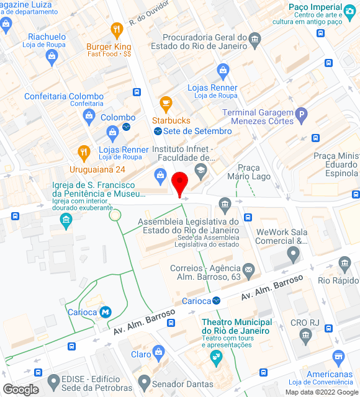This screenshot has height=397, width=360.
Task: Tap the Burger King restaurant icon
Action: (116, 29)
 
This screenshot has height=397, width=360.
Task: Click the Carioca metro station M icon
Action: (106, 311)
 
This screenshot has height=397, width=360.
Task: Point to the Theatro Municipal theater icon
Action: (216, 356)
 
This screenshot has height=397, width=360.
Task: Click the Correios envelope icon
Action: (249, 269)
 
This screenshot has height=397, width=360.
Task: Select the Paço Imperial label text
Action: (315, 7)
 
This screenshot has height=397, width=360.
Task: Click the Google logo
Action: (20, 390)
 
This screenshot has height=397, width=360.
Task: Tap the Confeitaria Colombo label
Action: (64, 96)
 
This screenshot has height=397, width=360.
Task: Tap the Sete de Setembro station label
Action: (197, 131)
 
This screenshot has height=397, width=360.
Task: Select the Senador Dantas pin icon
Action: (145, 381)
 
